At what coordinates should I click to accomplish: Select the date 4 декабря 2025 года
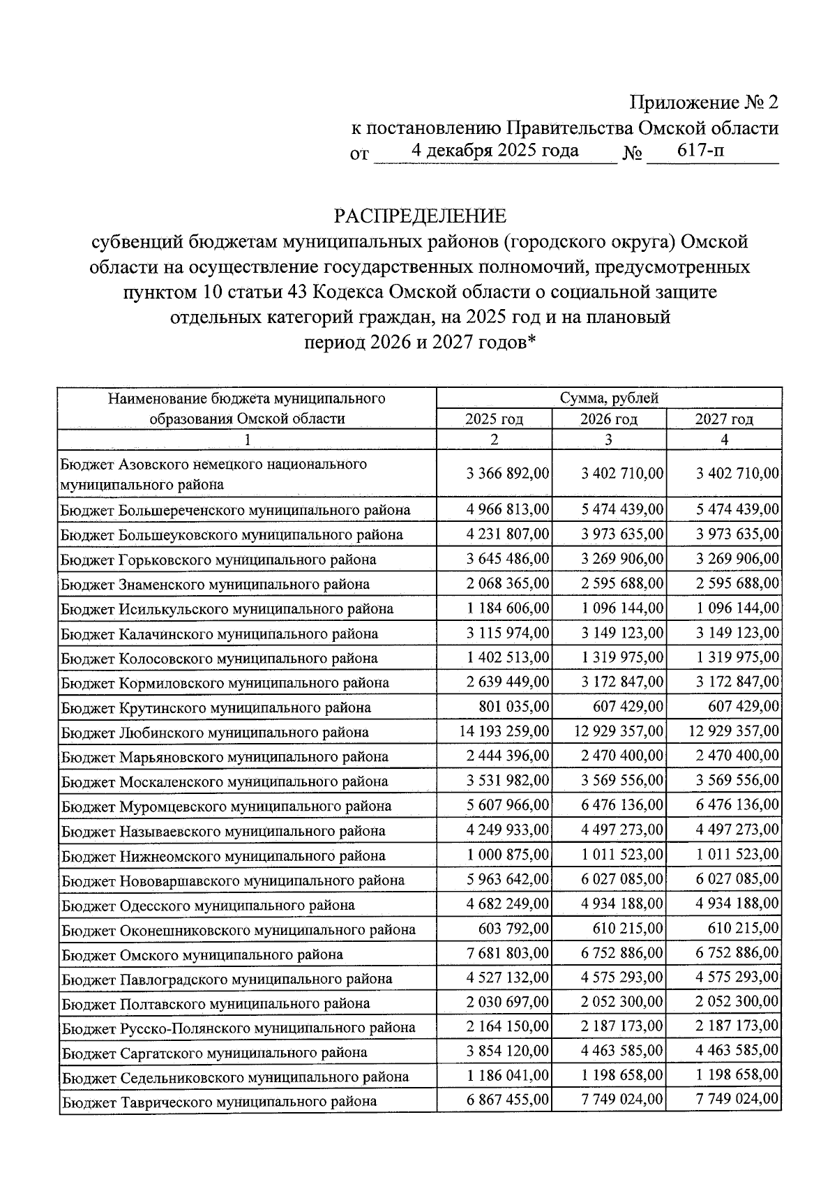(495, 151)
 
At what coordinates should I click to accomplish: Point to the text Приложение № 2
(704, 103)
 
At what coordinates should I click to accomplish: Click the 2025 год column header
(494, 419)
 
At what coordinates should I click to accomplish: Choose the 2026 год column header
(609, 419)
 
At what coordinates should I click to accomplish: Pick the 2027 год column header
(724, 419)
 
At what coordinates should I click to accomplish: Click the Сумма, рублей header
(609, 398)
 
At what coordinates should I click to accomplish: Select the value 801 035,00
(514, 707)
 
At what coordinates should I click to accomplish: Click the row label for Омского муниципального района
(202, 954)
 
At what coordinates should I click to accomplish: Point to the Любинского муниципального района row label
(215, 733)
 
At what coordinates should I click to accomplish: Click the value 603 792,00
(514, 929)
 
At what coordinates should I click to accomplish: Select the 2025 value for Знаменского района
(508, 584)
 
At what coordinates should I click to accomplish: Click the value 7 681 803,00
(508, 954)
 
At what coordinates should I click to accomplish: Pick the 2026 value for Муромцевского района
(622, 806)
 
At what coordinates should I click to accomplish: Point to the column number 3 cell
(609, 440)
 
